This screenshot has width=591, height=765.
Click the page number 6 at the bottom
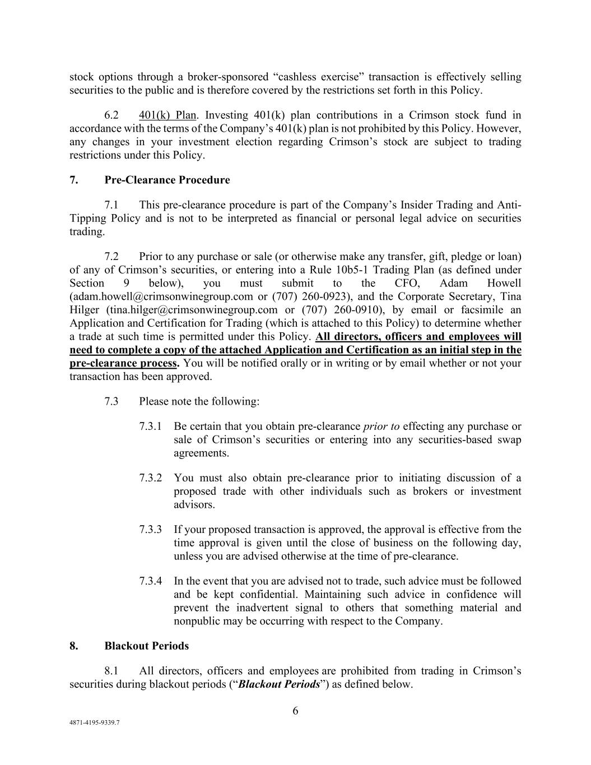pyautogui.click(x=295, y=711)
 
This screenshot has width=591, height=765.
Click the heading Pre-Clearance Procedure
pyautogui.click(x=167, y=180)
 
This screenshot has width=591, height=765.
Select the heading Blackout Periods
pyautogui.click(x=146, y=646)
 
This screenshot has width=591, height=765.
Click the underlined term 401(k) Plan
pyautogui.click(x=167, y=115)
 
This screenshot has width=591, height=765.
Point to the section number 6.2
pyautogui.click(x=111, y=115)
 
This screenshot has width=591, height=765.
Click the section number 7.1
pyautogui.click(x=111, y=205)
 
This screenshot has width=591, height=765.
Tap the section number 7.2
pyautogui.click(x=111, y=257)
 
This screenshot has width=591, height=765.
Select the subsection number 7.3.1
pyautogui.click(x=151, y=426)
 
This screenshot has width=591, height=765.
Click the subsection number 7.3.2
pyautogui.click(x=151, y=478)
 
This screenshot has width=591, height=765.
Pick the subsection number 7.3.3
pyautogui.click(x=151, y=530)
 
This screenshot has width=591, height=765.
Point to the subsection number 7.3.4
pyautogui.click(x=151, y=581)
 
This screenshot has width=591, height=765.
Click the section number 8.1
pyautogui.click(x=111, y=671)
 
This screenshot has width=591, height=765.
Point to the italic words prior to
pyautogui.click(x=381, y=426)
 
